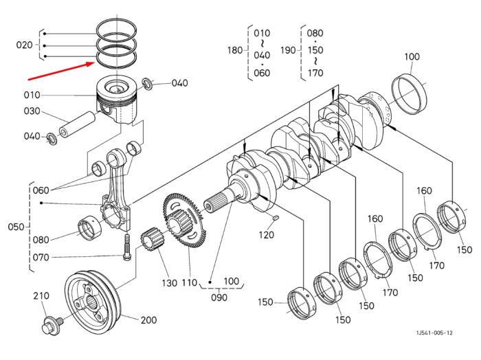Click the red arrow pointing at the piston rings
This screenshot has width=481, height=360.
[x=61, y=71]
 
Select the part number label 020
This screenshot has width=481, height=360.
[x=24, y=45]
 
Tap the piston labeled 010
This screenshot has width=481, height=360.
[x=117, y=99]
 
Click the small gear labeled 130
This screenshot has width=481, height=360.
[x=152, y=240]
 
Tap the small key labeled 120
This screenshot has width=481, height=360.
[x=275, y=218]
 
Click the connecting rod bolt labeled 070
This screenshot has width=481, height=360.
[x=127, y=247]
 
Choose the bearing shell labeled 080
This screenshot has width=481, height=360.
[x=90, y=229]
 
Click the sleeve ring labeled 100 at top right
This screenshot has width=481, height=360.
[x=410, y=94]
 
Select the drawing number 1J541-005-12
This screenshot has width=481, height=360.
[x=434, y=333]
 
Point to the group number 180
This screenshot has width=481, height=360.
[x=235, y=50]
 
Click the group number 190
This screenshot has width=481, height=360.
[x=288, y=50]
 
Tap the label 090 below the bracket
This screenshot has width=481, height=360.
[x=219, y=297]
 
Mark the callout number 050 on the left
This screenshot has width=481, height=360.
[x=16, y=227]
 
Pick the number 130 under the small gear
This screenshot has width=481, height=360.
[x=169, y=283]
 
